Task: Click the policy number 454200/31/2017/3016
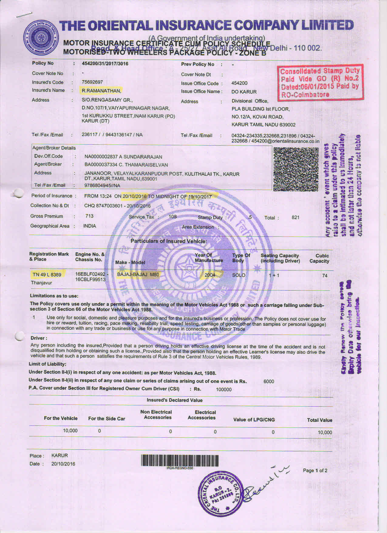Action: tap(105, 64)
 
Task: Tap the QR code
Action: tap(296, 169)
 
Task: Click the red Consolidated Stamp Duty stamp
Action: tap(320, 83)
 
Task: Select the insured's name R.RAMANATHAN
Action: tap(101, 91)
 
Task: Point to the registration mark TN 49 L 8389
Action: tap(47, 275)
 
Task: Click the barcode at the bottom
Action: tap(180, 460)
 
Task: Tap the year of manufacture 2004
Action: tap(210, 275)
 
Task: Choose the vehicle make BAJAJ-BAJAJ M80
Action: tap(138, 275)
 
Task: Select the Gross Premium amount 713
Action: tap(89, 216)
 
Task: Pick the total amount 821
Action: tap(295, 217)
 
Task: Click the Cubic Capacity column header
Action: tap(319, 258)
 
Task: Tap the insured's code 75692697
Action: tap(92, 82)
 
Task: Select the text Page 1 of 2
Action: tap(315, 470)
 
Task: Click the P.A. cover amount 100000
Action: tap(224, 390)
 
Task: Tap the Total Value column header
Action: tap(320, 420)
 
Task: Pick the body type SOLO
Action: tap(239, 275)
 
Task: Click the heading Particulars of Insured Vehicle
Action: tap(169, 241)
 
